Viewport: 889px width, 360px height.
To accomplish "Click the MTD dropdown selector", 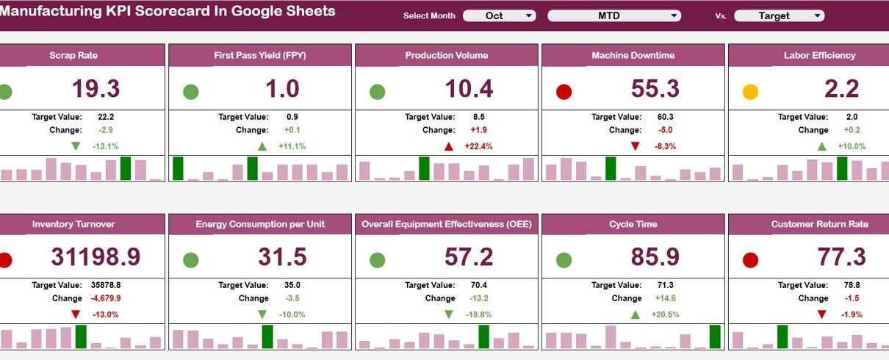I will pos(614,15).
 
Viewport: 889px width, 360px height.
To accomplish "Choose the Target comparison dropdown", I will pos(780,15).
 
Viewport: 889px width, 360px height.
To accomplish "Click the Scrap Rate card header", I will pos(73,55).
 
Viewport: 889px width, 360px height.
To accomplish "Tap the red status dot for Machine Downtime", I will pos(564,92).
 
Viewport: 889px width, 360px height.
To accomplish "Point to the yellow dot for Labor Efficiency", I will pos(750,92).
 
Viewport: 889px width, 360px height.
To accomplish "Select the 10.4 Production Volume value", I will pos(469,89).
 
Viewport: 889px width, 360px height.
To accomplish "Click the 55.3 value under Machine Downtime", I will pos(655,89).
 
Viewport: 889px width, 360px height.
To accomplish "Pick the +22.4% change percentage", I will pos(478,146).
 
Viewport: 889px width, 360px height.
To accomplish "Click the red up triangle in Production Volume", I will pos(449,146).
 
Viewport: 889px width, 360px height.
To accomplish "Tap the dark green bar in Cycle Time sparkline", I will pos(715,336).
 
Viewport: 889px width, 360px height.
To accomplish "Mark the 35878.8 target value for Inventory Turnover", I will pos(107,285).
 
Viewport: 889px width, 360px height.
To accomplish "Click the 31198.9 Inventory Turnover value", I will pos(95,257).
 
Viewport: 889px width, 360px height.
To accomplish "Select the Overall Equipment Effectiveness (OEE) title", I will pos(446,224).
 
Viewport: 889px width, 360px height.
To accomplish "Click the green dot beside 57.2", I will pos(377,260).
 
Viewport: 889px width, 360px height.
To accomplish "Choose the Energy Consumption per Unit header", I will pos(260,224).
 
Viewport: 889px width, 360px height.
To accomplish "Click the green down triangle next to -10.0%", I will pos(262,314).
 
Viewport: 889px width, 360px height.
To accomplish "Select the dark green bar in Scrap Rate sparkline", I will pos(126,168).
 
